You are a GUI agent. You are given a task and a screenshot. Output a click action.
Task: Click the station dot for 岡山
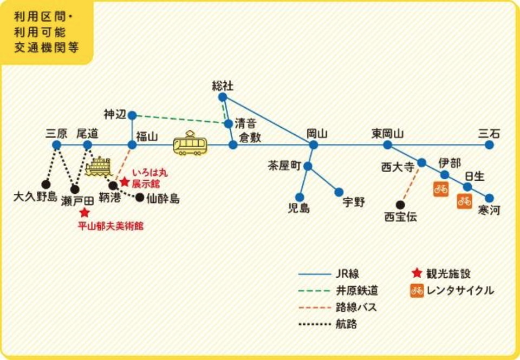313,145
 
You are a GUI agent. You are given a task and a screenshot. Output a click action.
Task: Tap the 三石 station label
489,133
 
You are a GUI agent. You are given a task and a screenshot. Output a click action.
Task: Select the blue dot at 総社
222,97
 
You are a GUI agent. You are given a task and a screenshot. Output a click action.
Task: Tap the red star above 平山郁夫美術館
84,213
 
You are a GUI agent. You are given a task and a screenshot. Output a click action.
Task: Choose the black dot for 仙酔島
140,198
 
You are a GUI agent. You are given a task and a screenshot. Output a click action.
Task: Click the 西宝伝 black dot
400,205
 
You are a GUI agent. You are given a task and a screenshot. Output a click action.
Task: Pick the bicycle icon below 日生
464,201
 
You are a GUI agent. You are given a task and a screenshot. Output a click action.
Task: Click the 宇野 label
354,202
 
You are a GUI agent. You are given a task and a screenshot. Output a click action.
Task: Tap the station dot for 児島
299,197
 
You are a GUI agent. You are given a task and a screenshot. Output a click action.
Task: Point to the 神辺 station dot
132,115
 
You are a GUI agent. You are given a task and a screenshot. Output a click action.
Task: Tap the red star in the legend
416,274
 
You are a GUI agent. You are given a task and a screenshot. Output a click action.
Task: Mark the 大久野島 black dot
46,184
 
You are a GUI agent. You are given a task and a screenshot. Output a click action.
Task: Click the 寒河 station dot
490,198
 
